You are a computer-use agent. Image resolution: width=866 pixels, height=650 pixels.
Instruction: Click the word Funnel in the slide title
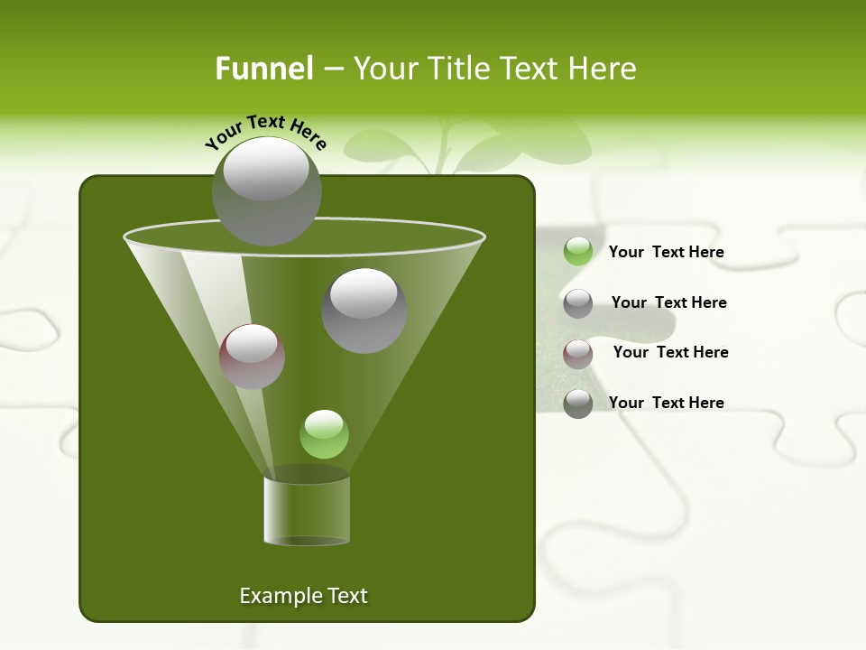263,69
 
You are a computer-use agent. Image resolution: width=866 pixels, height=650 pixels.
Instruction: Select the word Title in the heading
459,69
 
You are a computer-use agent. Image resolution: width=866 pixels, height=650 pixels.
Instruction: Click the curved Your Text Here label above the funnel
265,130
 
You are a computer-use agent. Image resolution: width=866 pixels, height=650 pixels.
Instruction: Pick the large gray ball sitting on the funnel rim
266,191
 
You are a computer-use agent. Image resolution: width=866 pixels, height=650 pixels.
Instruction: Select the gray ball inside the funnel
364,310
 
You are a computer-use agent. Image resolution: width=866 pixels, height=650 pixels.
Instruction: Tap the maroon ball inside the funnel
252,357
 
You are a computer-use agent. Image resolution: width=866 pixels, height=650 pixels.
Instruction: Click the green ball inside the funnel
324,434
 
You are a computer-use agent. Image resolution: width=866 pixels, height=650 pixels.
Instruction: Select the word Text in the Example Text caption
348,596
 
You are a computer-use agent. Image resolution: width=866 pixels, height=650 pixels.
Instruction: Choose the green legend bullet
578,252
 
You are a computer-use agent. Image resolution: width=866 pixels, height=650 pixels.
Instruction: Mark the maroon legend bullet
578,354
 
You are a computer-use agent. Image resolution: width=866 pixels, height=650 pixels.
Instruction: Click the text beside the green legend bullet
666,252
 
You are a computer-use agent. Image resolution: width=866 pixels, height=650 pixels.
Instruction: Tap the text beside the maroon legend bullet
670,352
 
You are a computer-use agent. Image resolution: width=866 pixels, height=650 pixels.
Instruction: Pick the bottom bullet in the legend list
578,404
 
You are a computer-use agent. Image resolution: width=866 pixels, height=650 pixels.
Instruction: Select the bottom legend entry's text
666,403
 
